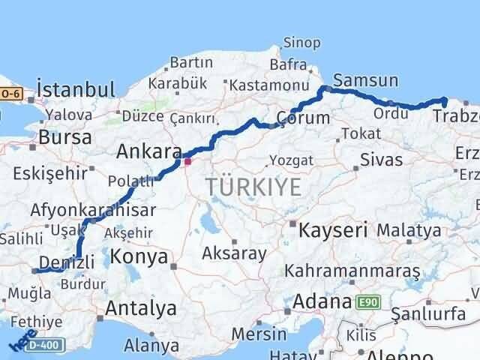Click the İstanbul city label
point(76,90)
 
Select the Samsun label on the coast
point(365,79)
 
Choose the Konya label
point(138,257)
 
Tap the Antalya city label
point(141,307)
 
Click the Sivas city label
point(381,160)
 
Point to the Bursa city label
point(65,138)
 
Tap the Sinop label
point(300,43)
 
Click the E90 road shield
point(367,302)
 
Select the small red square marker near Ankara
point(187,160)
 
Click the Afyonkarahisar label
point(93,211)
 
